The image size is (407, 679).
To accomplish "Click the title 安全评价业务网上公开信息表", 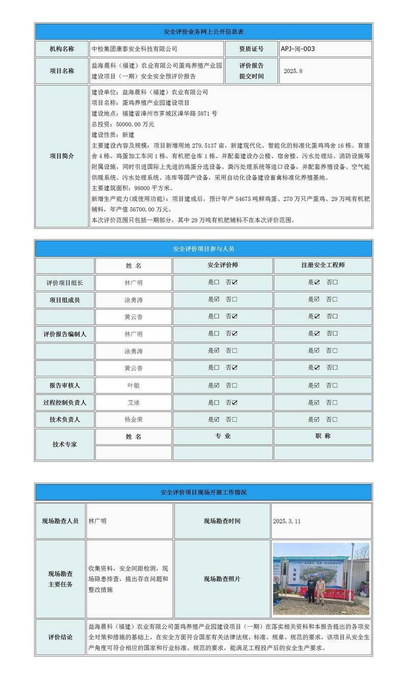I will pos(203,32).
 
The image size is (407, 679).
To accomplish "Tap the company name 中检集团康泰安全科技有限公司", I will pos(134,49).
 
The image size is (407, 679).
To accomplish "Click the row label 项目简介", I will pos(62,156).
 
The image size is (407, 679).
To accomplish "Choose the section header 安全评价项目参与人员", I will pos(203,249).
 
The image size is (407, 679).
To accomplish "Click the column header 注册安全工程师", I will pos(323,265).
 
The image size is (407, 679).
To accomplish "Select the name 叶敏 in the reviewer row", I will pos(133,386).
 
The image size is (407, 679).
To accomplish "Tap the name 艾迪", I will pos(133,402).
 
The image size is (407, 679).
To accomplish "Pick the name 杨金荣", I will pos(133,420).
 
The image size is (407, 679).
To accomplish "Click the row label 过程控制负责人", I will pos(65,402).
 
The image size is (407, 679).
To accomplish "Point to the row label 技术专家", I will pos(65,444).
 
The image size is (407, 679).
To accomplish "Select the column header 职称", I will pos(323,436).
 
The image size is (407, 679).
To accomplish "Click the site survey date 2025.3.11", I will pos(287,521).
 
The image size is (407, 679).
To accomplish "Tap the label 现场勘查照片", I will pos(222,579).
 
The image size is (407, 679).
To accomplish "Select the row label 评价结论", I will pos(61,637).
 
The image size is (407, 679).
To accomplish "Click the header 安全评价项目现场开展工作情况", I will pos(203,492).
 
